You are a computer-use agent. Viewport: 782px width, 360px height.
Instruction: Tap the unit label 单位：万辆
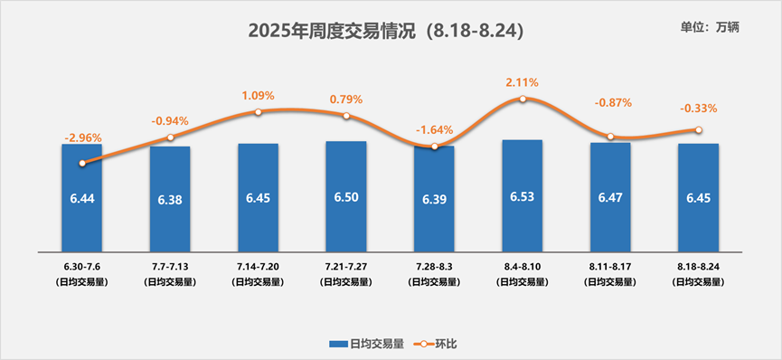[x=709, y=27]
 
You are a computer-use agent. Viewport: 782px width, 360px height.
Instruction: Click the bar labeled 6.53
[x=522, y=195]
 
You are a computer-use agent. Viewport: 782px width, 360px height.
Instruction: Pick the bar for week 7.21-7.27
[x=345, y=195]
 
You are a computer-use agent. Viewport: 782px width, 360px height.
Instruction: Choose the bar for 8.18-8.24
[x=698, y=196]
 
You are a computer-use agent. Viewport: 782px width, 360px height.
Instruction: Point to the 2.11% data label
[x=523, y=83]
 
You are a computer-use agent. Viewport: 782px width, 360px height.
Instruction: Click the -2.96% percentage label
[x=82, y=138]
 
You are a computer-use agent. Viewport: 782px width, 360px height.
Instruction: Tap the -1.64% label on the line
[x=434, y=130]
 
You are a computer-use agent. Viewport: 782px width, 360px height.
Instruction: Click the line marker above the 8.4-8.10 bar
[x=523, y=99]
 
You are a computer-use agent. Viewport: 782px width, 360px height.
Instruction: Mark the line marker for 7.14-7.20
[x=259, y=112]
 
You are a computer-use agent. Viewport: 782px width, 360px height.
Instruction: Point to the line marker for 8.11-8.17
[x=610, y=137]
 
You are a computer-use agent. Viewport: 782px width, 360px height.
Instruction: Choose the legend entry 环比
[x=437, y=344]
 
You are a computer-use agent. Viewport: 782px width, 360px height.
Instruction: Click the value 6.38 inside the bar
[x=170, y=200]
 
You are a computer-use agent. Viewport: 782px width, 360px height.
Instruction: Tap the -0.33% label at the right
[x=698, y=109]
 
